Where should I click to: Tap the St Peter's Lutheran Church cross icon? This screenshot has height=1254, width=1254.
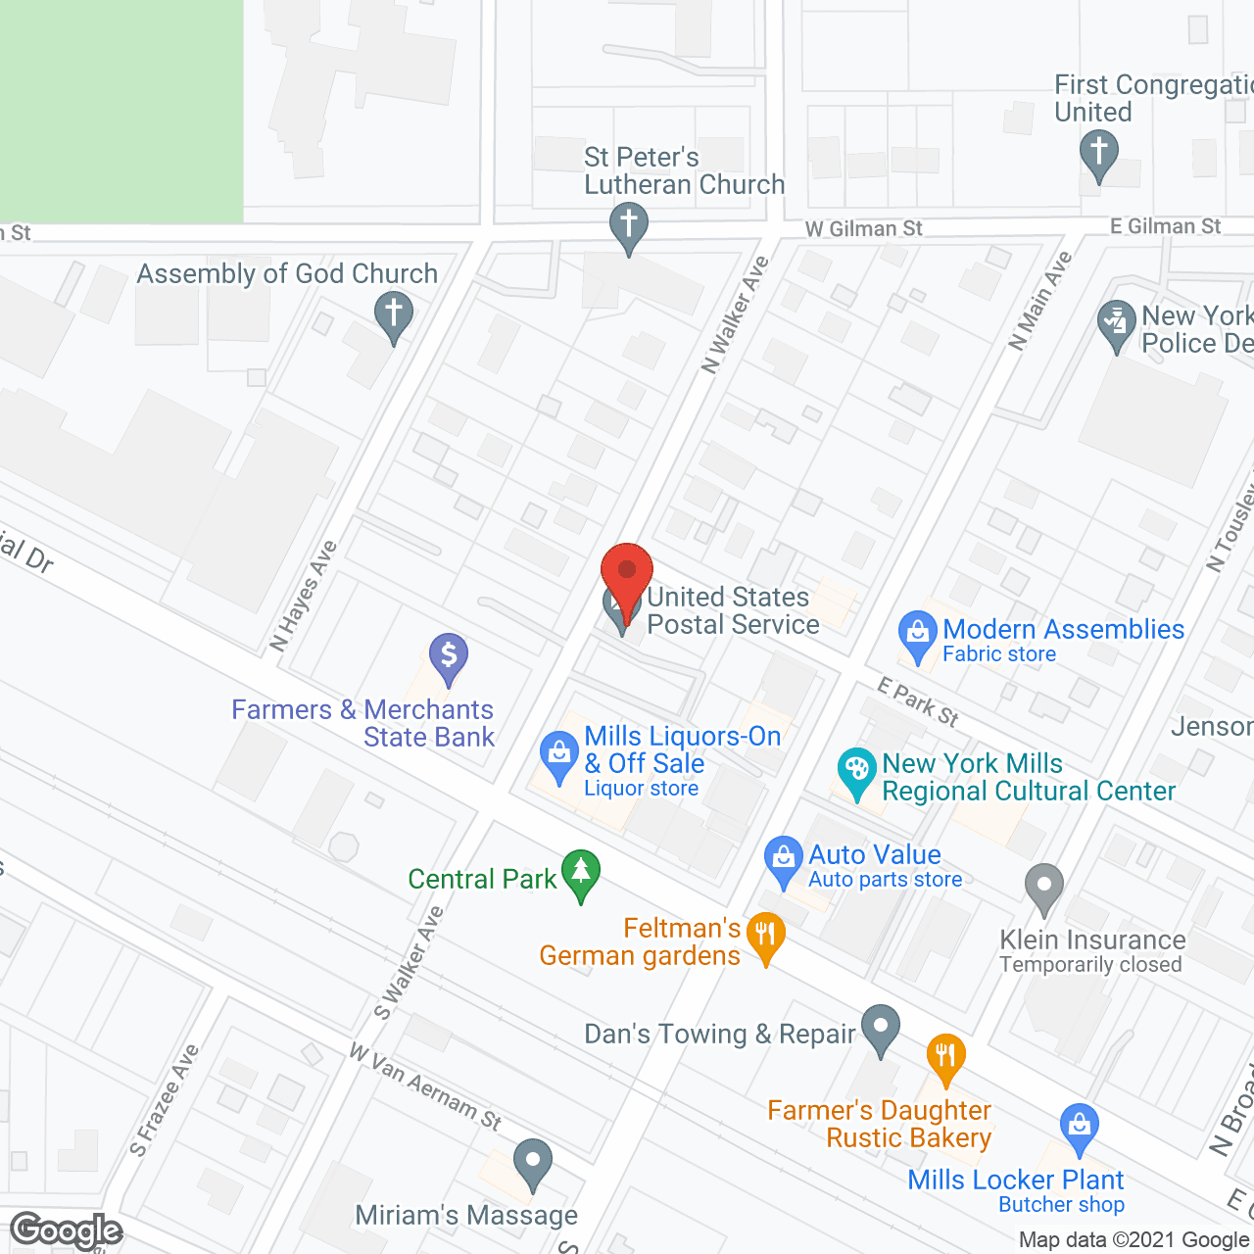pyautogui.click(x=628, y=226)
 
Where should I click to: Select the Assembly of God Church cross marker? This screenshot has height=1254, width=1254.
pyautogui.click(x=393, y=315)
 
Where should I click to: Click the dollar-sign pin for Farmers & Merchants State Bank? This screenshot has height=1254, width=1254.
pyautogui.click(x=448, y=656)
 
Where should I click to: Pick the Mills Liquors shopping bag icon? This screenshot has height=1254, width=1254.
pyautogui.click(x=558, y=755)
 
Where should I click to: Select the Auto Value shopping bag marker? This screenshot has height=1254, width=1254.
pyautogui.click(x=783, y=860)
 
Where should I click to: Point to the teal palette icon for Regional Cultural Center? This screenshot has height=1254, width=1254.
pyautogui.click(x=857, y=770)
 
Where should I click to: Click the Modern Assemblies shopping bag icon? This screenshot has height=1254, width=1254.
pyautogui.click(x=918, y=634)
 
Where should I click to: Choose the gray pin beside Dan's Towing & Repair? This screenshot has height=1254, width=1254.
pyautogui.click(x=881, y=1028)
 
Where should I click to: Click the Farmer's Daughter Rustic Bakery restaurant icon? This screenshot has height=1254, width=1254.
pyautogui.click(x=945, y=1058)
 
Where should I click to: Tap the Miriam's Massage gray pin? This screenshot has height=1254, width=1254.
pyautogui.click(x=533, y=1163)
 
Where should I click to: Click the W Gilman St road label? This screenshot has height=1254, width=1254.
pyautogui.click(x=863, y=228)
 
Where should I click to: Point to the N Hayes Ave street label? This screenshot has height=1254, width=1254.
pyautogui.click(x=303, y=596)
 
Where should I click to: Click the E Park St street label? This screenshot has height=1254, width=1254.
pyautogui.click(x=918, y=701)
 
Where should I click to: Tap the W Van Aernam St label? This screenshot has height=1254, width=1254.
pyautogui.click(x=425, y=1086)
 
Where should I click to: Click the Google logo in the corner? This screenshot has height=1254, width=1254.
pyautogui.click(x=67, y=1230)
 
